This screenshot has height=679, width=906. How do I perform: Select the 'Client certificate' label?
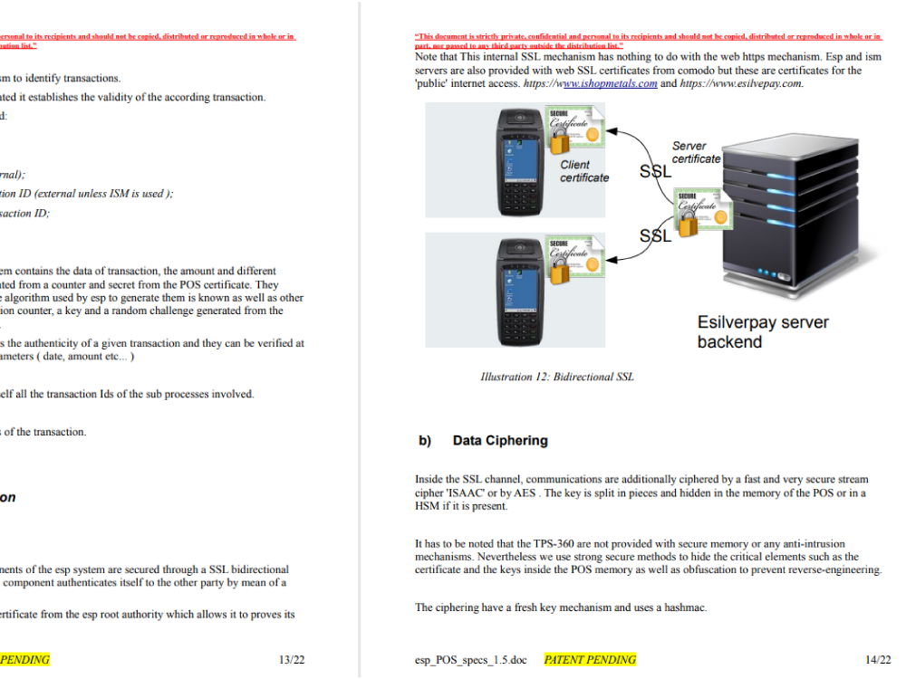pos(583,171)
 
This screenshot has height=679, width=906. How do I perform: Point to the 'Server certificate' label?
pos(696,152)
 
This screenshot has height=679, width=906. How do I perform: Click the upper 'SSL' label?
pos(656,171)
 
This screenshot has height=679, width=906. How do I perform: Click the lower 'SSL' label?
pos(656,235)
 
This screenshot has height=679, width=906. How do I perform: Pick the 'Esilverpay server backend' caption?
pos(763,331)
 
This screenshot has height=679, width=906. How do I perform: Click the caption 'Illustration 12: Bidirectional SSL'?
pos(556,377)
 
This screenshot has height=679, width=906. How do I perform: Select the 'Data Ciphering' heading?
pos(500,441)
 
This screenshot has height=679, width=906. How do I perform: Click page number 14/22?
pos(878,660)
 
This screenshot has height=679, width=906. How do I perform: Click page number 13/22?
pos(292,660)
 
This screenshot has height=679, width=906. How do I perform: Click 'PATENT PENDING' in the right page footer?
pos(590,660)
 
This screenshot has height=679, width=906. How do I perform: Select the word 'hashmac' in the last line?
pos(685,607)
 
